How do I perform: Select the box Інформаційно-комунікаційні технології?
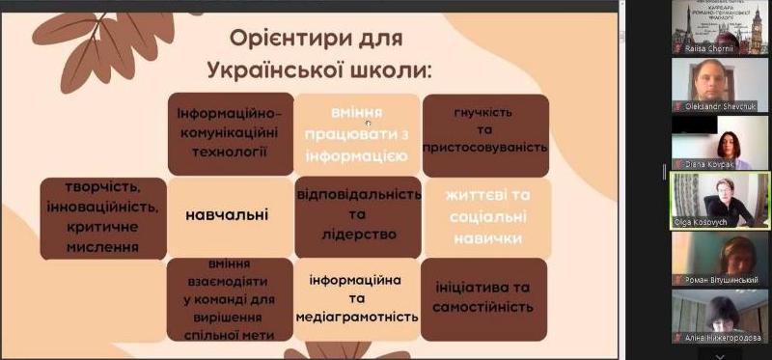pos(230,131)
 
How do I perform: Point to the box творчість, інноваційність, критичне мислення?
pos(102,216)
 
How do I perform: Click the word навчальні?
pos(227,214)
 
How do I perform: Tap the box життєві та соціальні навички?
pos(485,215)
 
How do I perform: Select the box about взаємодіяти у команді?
pos(230,298)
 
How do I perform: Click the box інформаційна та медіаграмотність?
pos(357,298)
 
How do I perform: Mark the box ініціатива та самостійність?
pos(484,297)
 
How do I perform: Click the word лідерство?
pos(359,235)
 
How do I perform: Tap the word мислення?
pos(102,247)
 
